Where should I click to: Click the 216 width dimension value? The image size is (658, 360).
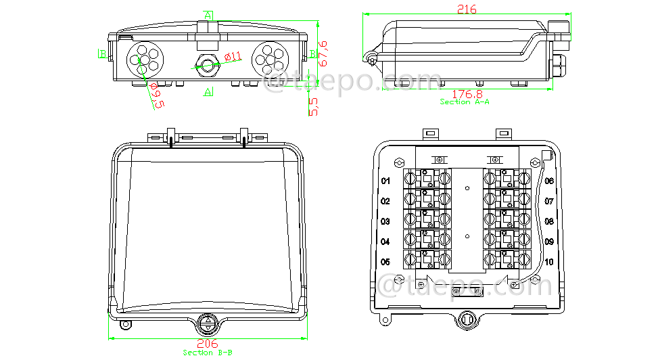click(467, 9)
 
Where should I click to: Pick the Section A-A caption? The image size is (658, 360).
click(465, 102)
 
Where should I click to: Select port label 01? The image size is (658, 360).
click(385, 181)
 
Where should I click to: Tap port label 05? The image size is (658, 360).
click(385, 262)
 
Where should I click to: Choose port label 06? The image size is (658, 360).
click(549, 181)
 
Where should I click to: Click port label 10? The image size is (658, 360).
click(549, 262)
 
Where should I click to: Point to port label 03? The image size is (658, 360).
click(385, 221)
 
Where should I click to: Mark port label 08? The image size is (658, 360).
click(549, 221)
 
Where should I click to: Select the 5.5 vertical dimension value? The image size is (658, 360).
click(312, 106)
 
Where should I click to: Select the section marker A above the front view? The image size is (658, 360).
click(208, 15)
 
